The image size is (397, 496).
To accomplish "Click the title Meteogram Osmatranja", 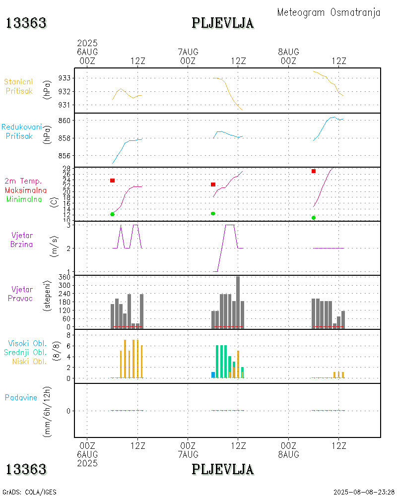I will point(329,12).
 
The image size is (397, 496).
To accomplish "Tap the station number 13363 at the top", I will point(26,23).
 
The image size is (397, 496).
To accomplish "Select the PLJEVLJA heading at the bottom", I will point(223,469).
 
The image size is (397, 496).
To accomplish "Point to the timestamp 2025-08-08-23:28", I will point(364,492).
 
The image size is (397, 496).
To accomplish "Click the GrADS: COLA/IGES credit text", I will point(29,492).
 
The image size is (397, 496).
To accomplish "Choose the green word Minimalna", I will point(24,199).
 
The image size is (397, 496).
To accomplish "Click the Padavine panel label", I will point(21,397).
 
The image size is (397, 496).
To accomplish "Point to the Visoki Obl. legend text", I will point(27,343).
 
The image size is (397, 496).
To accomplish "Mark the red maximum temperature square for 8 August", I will point(314,171).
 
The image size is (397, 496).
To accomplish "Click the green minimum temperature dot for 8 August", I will point(314,218).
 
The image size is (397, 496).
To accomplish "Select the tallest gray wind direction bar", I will point(238,302).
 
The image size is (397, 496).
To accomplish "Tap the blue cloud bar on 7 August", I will point(213,375).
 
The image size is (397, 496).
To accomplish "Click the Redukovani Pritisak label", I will point(21,131).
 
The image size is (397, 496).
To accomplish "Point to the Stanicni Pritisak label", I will point(19,86).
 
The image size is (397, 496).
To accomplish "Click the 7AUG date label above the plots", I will point(188,52).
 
